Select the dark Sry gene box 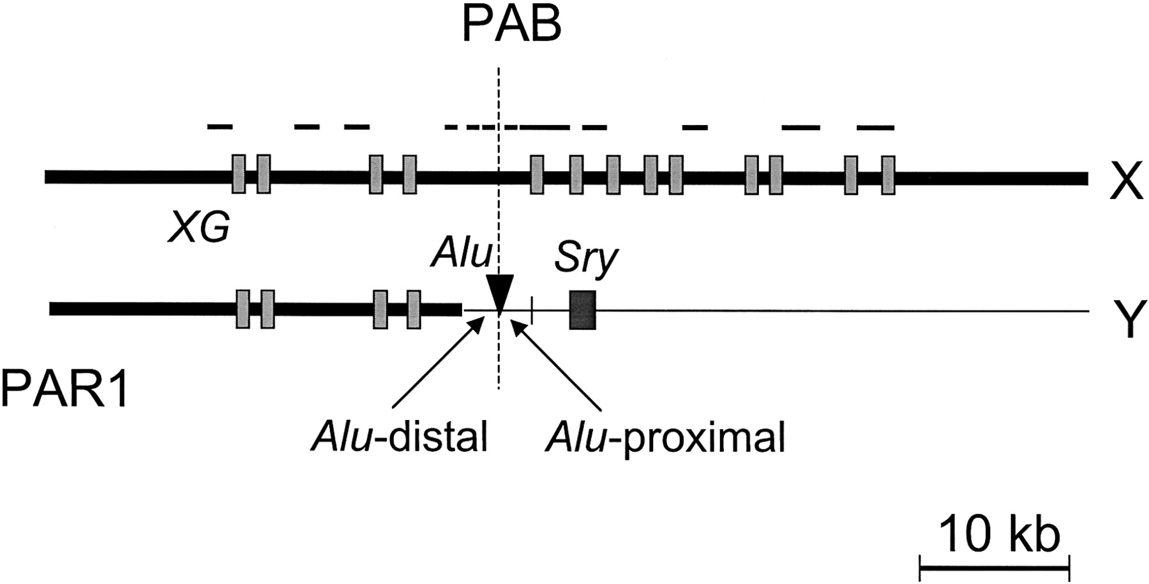[582, 310]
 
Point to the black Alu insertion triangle [500, 294]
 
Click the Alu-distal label [400, 438]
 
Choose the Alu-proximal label [664, 438]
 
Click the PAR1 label [64, 389]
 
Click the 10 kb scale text [999, 535]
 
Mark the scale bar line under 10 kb [994, 565]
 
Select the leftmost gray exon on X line [238, 174]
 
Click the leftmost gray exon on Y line [243, 309]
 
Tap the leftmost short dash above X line [220, 126]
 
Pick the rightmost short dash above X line [875, 128]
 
